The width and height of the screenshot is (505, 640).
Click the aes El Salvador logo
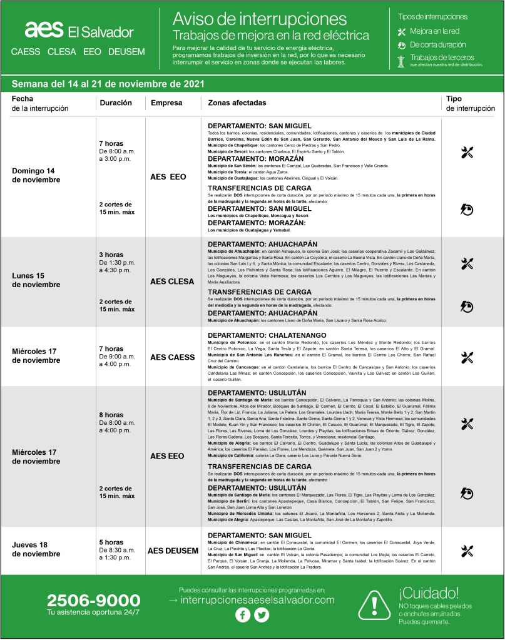click(x=79, y=31)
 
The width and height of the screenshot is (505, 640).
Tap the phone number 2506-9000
click(x=93, y=600)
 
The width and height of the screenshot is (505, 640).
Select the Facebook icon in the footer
click(x=242, y=616)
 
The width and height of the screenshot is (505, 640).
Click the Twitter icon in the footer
click(x=262, y=616)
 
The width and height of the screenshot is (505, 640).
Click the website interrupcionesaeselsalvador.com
click(x=256, y=599)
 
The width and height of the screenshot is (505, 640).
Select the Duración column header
click(x=116, y=102)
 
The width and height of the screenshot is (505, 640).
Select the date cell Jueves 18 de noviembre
click(x=36, y=549)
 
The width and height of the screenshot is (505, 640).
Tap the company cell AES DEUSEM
click(x=172, y=551)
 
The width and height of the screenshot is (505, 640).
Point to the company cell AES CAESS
click(x=173, y=357)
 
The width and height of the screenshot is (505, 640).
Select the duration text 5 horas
click(x=111, y=542)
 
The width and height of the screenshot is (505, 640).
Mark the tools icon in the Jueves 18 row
click(x=467, y=551)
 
